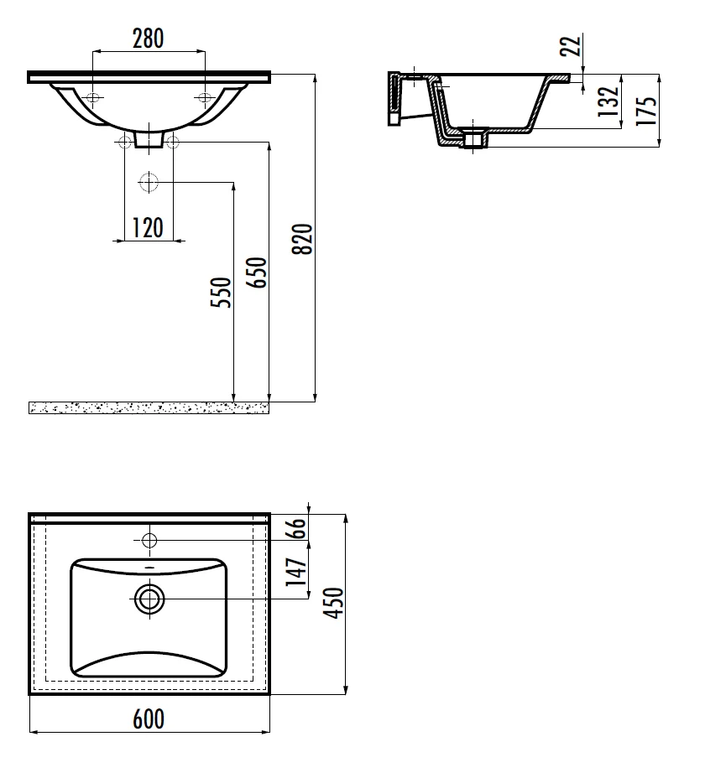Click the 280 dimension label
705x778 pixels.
click(148, 39)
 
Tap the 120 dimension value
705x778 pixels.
click(148, 228)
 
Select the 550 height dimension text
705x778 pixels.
click(221, 293)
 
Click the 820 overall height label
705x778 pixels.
click(302, 239)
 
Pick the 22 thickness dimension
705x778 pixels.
click(571, 45)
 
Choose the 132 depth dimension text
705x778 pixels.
click(608, 101)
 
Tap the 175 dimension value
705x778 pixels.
click(647, 110)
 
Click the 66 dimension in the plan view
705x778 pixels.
click(296, 528)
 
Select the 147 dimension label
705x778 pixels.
click(296, 571)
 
